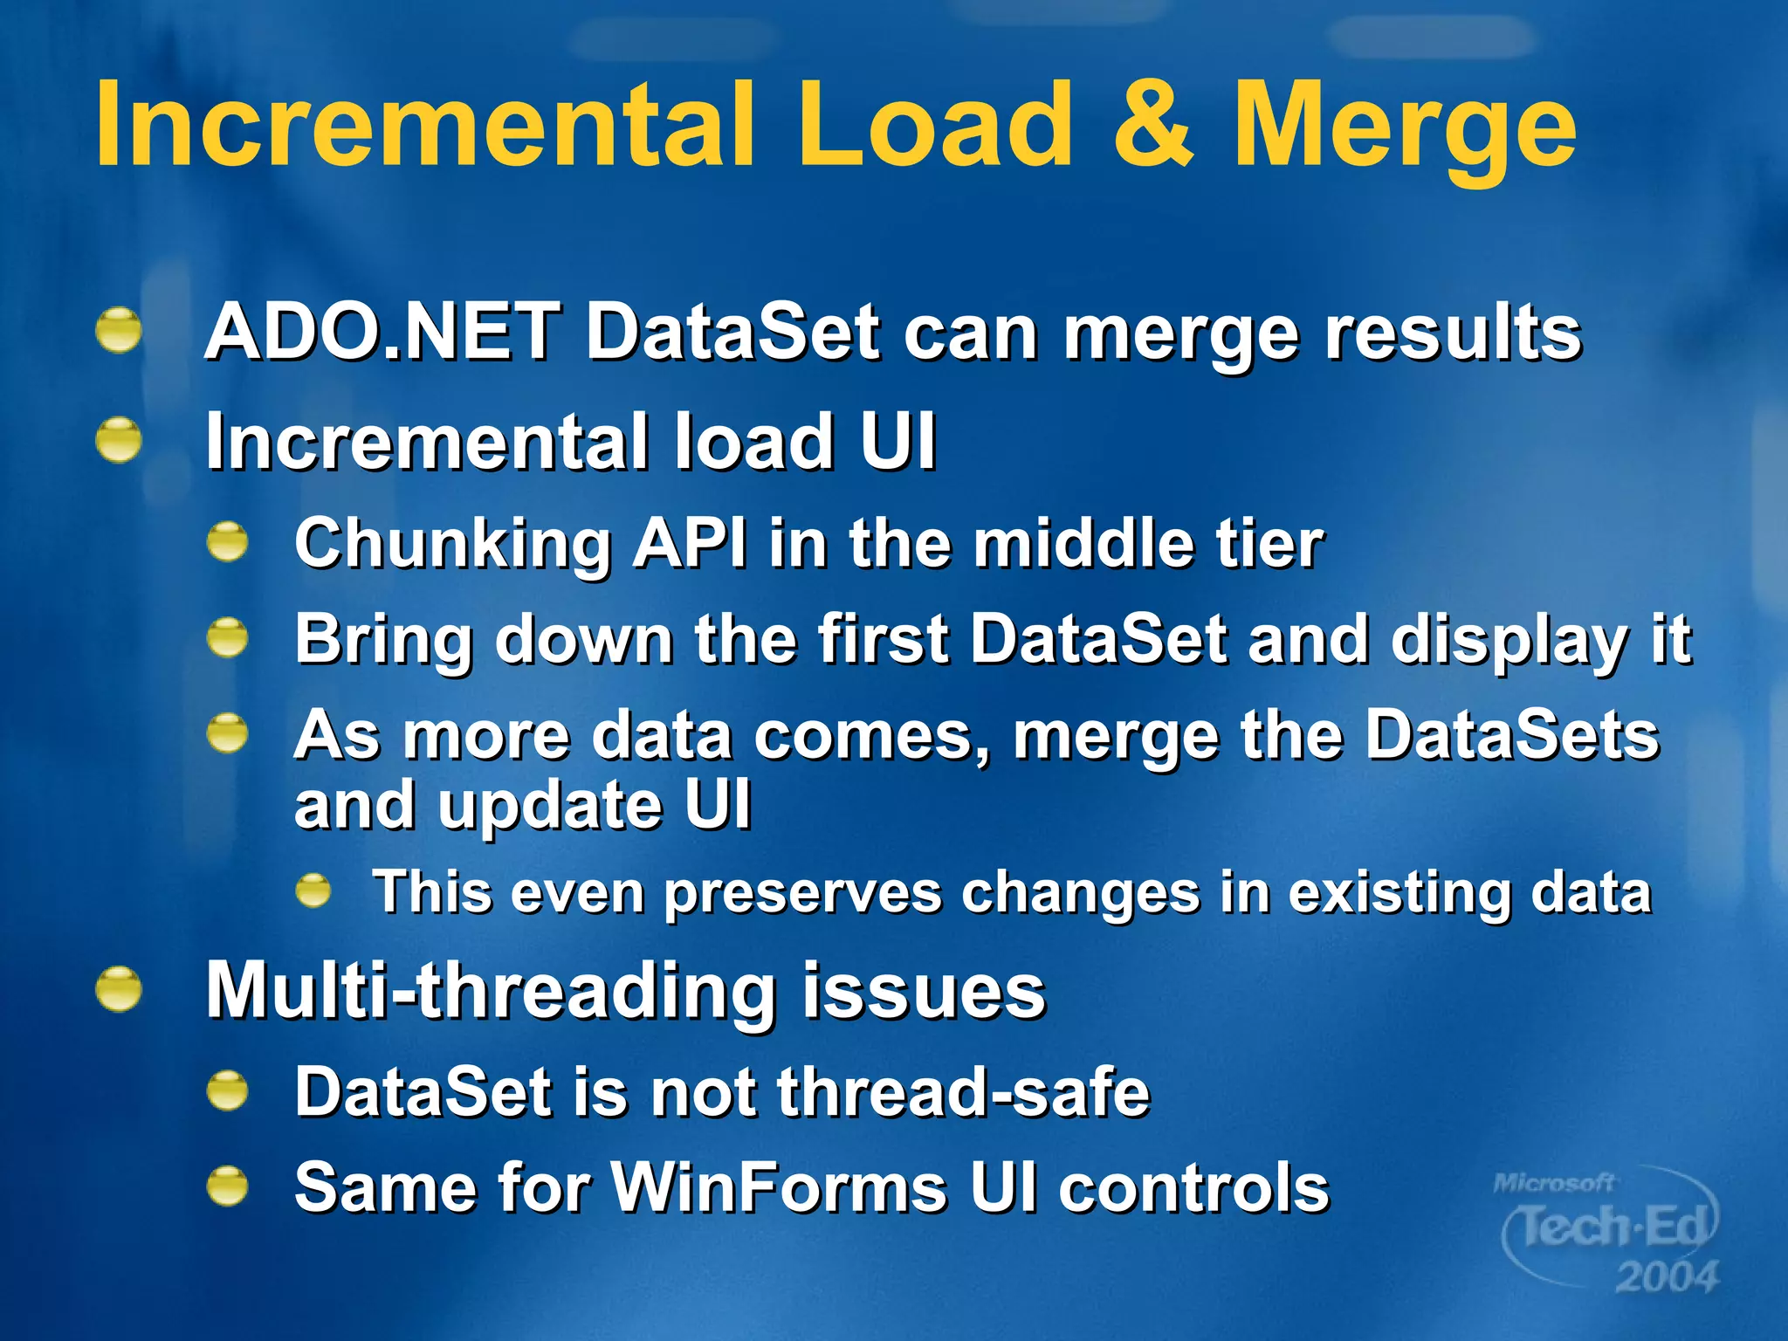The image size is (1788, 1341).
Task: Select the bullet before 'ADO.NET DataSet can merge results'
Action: pyautogui.click(x=119, y=332)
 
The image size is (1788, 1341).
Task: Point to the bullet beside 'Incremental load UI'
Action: pyautogui.click(x=119, y=440)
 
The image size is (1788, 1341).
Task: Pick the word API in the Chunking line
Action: pyautogui.click(x=691, y=543)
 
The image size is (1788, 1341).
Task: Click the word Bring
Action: pyautogui.click(x=383, y=641)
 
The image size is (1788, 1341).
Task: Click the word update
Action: pyautogui.click(x=549, y=805)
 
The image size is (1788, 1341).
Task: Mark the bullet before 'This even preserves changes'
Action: pyautogui.click(x=313, y=891)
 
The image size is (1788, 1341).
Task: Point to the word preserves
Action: pyautogui.click(x=803, y=893)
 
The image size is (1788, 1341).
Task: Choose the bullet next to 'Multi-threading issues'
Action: pyautogui.click(x=119, y=991)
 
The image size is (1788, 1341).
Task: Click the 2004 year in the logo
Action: pyautogui.click(x=1666, y=1276)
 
